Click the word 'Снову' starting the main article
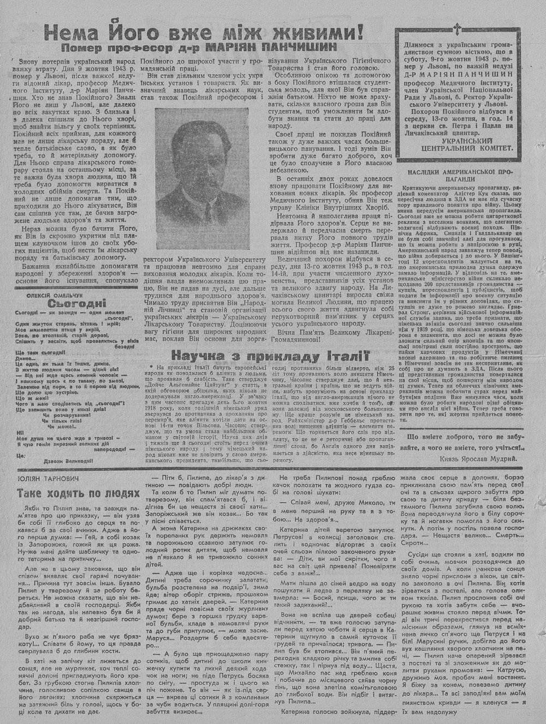pos(28,61)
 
